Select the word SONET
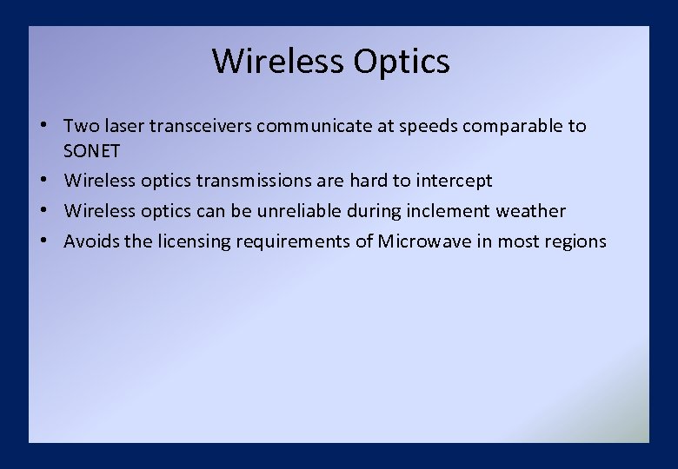(x=91, y=151)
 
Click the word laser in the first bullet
(x=126, y=126)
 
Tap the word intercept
(x=455, y=181)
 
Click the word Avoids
(x=91, y=241)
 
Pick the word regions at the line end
(x=575, y=241)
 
